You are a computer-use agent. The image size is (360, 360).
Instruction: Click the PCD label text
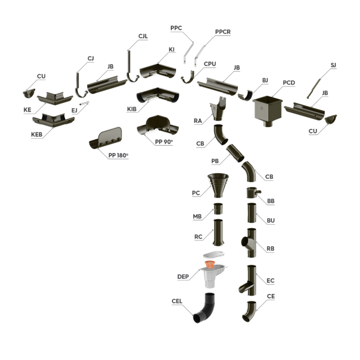289,82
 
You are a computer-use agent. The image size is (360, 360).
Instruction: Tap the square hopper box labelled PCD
268,111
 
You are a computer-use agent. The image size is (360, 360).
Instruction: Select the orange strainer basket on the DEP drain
210,265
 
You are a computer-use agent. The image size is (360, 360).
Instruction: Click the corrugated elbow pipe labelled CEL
205,308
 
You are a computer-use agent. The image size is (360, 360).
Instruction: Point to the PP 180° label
118,156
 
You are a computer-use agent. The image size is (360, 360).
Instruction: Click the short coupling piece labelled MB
218,208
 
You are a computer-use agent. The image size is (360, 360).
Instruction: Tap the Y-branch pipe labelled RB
249,243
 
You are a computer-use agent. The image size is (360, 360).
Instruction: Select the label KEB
37,135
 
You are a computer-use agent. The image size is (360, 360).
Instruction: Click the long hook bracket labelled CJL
132,67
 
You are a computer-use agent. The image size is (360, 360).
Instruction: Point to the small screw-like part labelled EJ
84,103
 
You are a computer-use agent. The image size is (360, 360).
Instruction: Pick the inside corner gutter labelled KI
158,71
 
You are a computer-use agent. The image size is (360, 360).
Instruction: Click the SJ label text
333,65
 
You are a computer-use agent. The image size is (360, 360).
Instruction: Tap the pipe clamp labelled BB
253,192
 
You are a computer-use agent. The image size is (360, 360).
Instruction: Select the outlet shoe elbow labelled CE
250,311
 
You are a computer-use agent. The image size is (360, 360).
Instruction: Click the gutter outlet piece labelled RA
218,109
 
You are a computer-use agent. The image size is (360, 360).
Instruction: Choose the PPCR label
223,32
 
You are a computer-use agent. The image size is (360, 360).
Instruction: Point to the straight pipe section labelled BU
251,213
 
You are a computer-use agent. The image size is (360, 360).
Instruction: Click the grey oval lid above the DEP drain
214,254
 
